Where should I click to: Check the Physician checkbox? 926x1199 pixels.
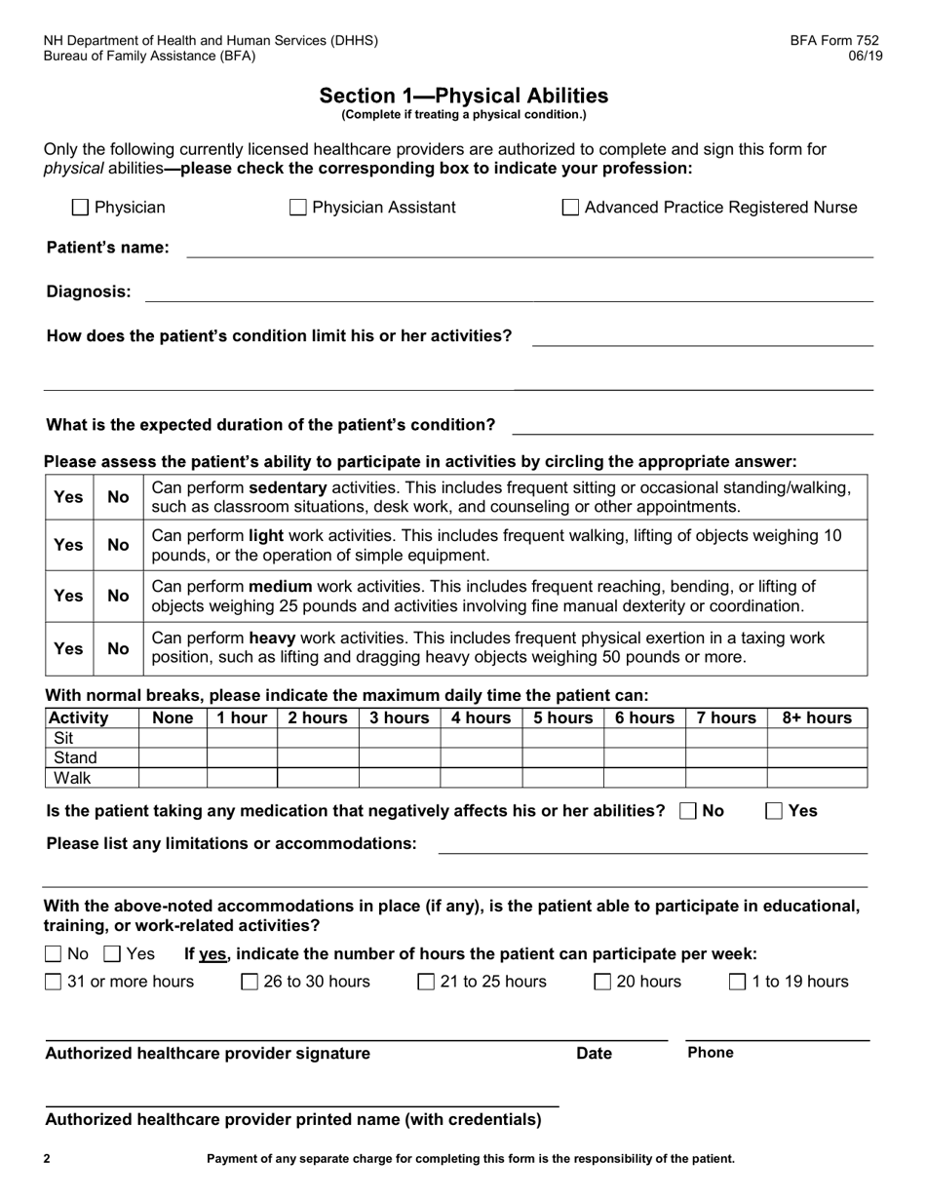[x=81, y=208]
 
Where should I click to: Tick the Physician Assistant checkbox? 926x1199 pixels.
[x=298, y=208]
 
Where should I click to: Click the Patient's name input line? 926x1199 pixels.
[x=528, y=249]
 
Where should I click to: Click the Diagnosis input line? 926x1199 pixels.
[x=508, y=292]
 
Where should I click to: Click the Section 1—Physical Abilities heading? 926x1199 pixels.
[x=464, y=96]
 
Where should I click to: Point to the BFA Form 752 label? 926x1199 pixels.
[x=833, y=41]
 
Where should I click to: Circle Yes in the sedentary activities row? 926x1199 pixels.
[x=68, y=497]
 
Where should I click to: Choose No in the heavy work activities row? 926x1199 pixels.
[x=118, y=648]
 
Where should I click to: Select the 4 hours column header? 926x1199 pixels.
[x=481, y=718]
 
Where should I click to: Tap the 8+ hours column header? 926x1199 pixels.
[x=816, y=718]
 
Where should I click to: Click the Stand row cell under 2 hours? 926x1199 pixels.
[x=318, y=757]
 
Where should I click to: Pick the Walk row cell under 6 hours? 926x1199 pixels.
[x=643, y=778]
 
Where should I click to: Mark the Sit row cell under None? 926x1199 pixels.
[x=173, y=738]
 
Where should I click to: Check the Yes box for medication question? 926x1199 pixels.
[x=774, y=811]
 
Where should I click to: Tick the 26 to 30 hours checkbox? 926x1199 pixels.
[x=250, y=982]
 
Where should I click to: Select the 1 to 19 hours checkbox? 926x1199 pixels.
[x=739, y=982]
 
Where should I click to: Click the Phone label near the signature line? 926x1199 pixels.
[x=710, y=1053]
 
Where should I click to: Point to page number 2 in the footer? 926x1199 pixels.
[x=47, y=1159]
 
